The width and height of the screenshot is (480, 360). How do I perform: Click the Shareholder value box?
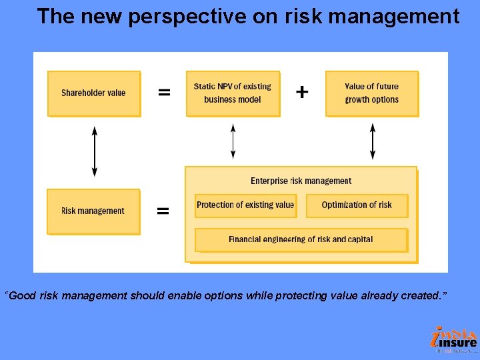click(93, 93)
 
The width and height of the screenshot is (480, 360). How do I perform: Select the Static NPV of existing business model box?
click(233, 93)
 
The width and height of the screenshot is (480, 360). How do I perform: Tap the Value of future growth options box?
click(371, 93)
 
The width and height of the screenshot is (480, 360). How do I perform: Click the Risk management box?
click(93, 211)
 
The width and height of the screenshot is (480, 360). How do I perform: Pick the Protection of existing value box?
click(245, 205)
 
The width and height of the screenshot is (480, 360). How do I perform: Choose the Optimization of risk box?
click(357, 205)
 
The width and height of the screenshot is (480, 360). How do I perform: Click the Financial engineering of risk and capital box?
click(301, 239)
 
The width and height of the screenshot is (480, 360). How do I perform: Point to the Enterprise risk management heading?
click(301, 181)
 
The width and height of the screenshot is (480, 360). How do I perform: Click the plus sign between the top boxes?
click(302, 92)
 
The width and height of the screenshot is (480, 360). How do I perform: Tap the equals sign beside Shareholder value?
click(163, 93)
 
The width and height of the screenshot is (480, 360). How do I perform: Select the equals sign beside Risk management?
click(162, 211)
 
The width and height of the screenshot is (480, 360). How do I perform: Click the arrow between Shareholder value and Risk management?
click(94, 151)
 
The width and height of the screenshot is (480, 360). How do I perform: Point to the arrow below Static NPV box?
click(233, 141)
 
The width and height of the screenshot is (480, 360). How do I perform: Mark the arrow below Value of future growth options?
click(372, 141)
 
